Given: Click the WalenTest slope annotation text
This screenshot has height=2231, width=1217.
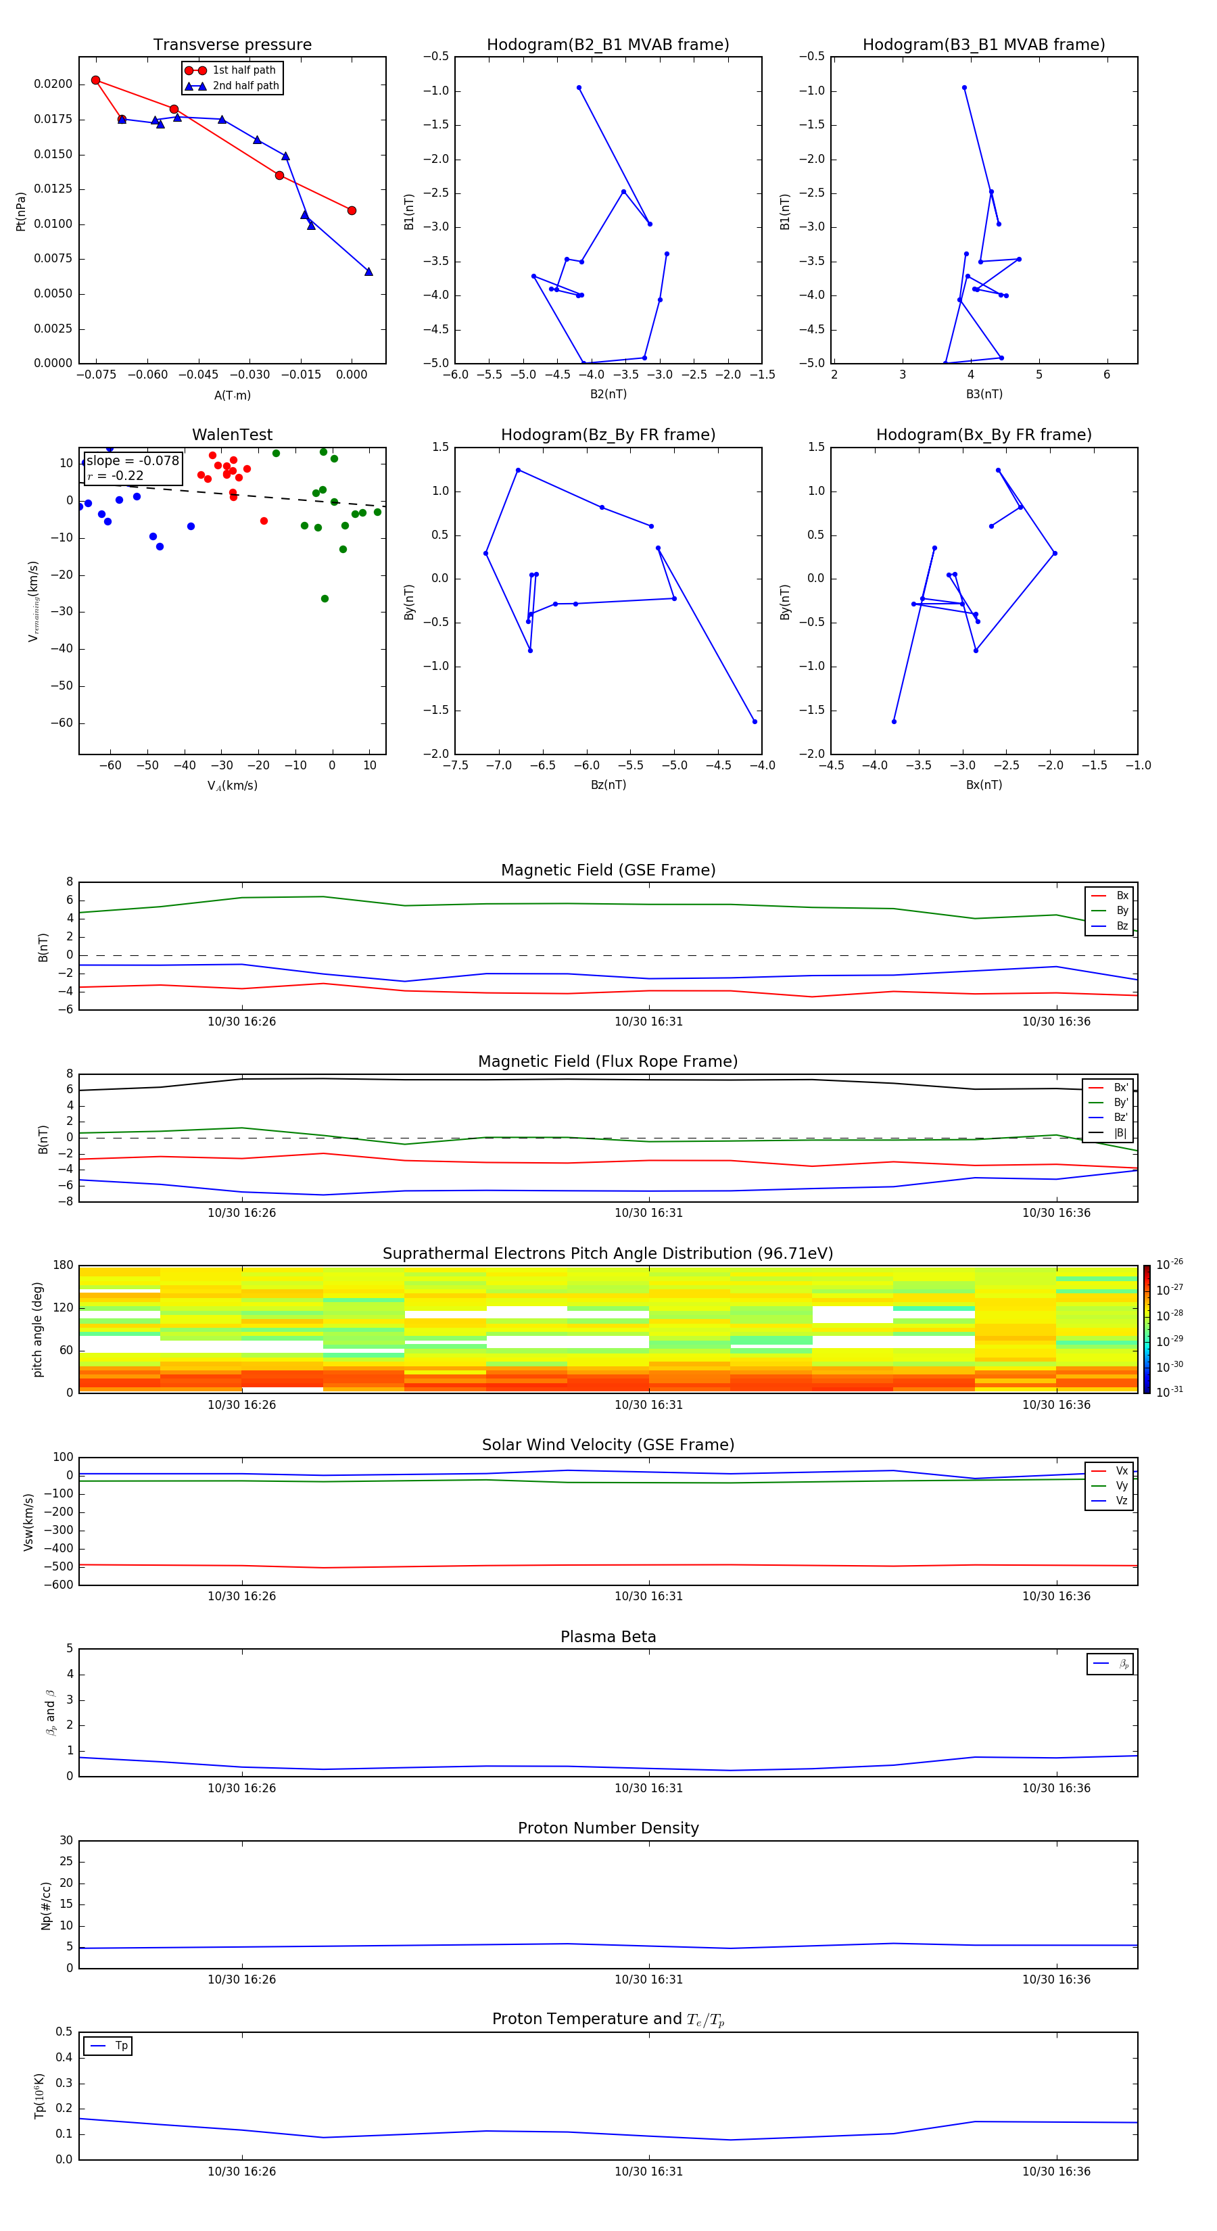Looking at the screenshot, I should (133, 461).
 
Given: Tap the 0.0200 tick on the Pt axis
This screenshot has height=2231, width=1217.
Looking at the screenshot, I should (53, 84).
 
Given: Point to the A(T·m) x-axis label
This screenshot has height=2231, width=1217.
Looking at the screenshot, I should (232, 395).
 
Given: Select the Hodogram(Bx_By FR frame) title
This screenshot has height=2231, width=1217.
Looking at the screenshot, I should (983, 435).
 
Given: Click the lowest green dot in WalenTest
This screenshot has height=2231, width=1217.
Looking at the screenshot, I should (325, 598).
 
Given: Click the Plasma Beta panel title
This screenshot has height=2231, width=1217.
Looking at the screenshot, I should (607, 1637).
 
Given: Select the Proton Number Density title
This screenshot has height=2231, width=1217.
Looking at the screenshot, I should (607, 1828).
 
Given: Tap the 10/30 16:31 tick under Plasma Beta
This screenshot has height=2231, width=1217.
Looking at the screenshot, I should (649, 1788).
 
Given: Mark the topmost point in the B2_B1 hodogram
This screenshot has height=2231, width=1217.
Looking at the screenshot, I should (579, 87).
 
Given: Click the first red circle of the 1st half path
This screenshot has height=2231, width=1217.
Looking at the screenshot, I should (95, 80).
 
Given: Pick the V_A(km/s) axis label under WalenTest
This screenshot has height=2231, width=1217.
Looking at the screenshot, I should (232, 786).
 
